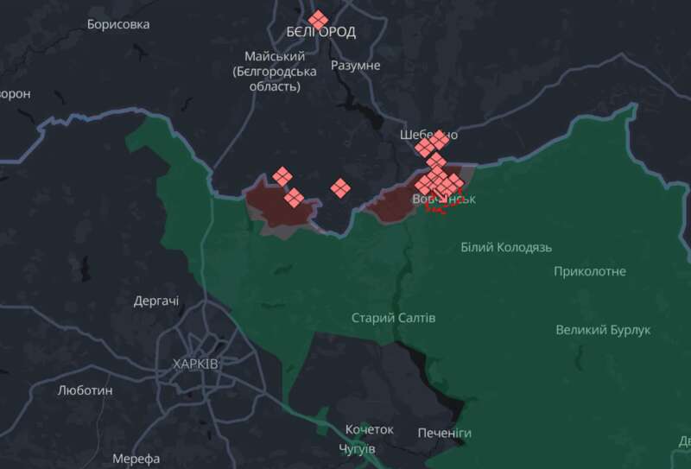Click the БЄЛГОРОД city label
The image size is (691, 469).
tap(321, 32)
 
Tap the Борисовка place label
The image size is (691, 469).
tap(118, 24)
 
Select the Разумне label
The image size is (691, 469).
tap(355, 66)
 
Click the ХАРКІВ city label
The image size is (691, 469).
tap(195, 364)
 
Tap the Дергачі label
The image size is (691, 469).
tap(156, 301)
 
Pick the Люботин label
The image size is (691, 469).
tap(86, 390)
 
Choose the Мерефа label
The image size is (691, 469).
tap(136, 459)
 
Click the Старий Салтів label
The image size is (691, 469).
tap(393, 318)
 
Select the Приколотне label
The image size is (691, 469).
tap(591, 272)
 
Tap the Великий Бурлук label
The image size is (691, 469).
tap(603, 330)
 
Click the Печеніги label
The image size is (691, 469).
tap(444, 432)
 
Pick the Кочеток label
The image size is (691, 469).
tap(369, 429)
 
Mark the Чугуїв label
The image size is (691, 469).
tap(357, 450)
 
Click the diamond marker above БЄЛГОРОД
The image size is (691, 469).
tap(319, 19)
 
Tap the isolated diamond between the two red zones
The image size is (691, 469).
tap(340, 187)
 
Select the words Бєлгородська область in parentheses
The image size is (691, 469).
tap(274, 79)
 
